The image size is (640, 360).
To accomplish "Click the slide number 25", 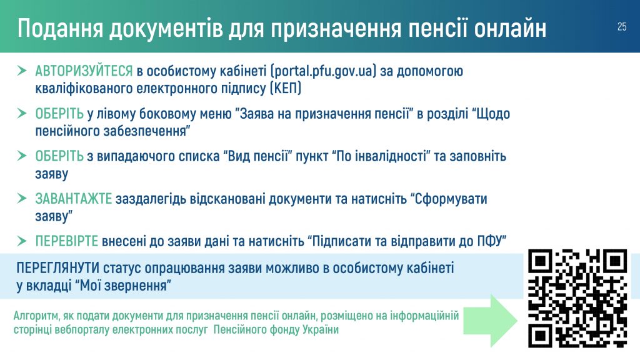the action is click(x=622, y=27).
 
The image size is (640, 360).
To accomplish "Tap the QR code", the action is click(x=577, y=298).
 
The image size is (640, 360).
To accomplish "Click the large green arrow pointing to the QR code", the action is click(x=490, y=321).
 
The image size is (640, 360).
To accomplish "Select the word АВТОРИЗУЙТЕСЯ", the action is click(x=84, y=71).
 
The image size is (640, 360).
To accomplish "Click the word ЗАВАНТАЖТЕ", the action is click(x=74, y=199).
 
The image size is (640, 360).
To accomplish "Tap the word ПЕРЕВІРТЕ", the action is click(x=66, y=241).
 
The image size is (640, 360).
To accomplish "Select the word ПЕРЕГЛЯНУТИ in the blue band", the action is click(x=58, y=268).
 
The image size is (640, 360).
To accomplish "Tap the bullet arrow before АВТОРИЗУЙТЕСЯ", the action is click(x=22, y=71).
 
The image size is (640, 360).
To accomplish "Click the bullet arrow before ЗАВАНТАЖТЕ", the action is click(x=22, y=198).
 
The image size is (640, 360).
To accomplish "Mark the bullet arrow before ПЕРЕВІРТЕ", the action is click(x=22, y=241).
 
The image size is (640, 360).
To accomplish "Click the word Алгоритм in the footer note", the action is click(x=36, y=316).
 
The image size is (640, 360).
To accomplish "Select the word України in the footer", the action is click(x=321, y=329).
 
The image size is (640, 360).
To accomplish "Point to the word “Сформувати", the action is click(x=449, y=199).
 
